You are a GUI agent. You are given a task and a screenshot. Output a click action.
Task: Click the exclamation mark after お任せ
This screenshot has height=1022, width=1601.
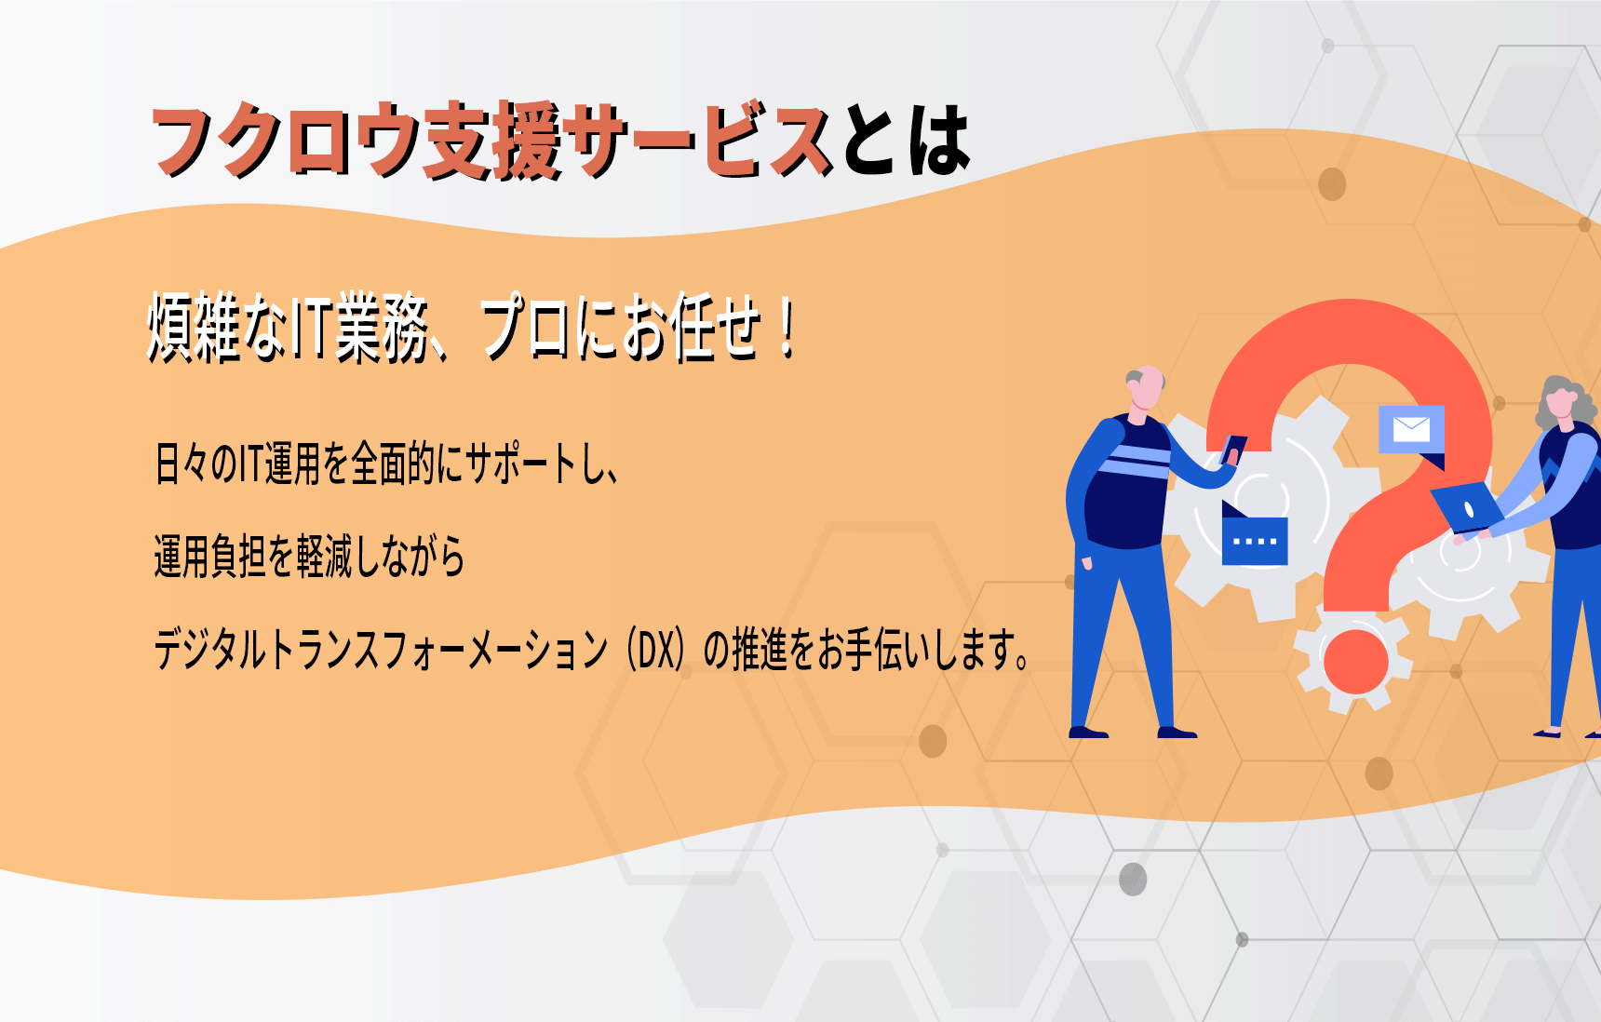point(788,327)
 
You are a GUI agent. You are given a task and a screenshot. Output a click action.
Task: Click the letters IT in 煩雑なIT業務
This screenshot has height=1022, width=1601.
point(308,328)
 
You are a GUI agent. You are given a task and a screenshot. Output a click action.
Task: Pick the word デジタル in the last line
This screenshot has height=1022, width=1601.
point(210,649)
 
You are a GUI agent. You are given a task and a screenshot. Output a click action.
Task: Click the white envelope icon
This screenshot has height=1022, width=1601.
point(1411,429)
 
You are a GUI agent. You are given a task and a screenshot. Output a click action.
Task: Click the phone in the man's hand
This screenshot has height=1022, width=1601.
point(1233,450)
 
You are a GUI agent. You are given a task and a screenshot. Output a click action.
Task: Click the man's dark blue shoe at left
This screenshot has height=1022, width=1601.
point(1088,733)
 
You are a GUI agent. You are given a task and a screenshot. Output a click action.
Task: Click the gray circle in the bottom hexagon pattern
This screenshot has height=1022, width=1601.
point(1133,880)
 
